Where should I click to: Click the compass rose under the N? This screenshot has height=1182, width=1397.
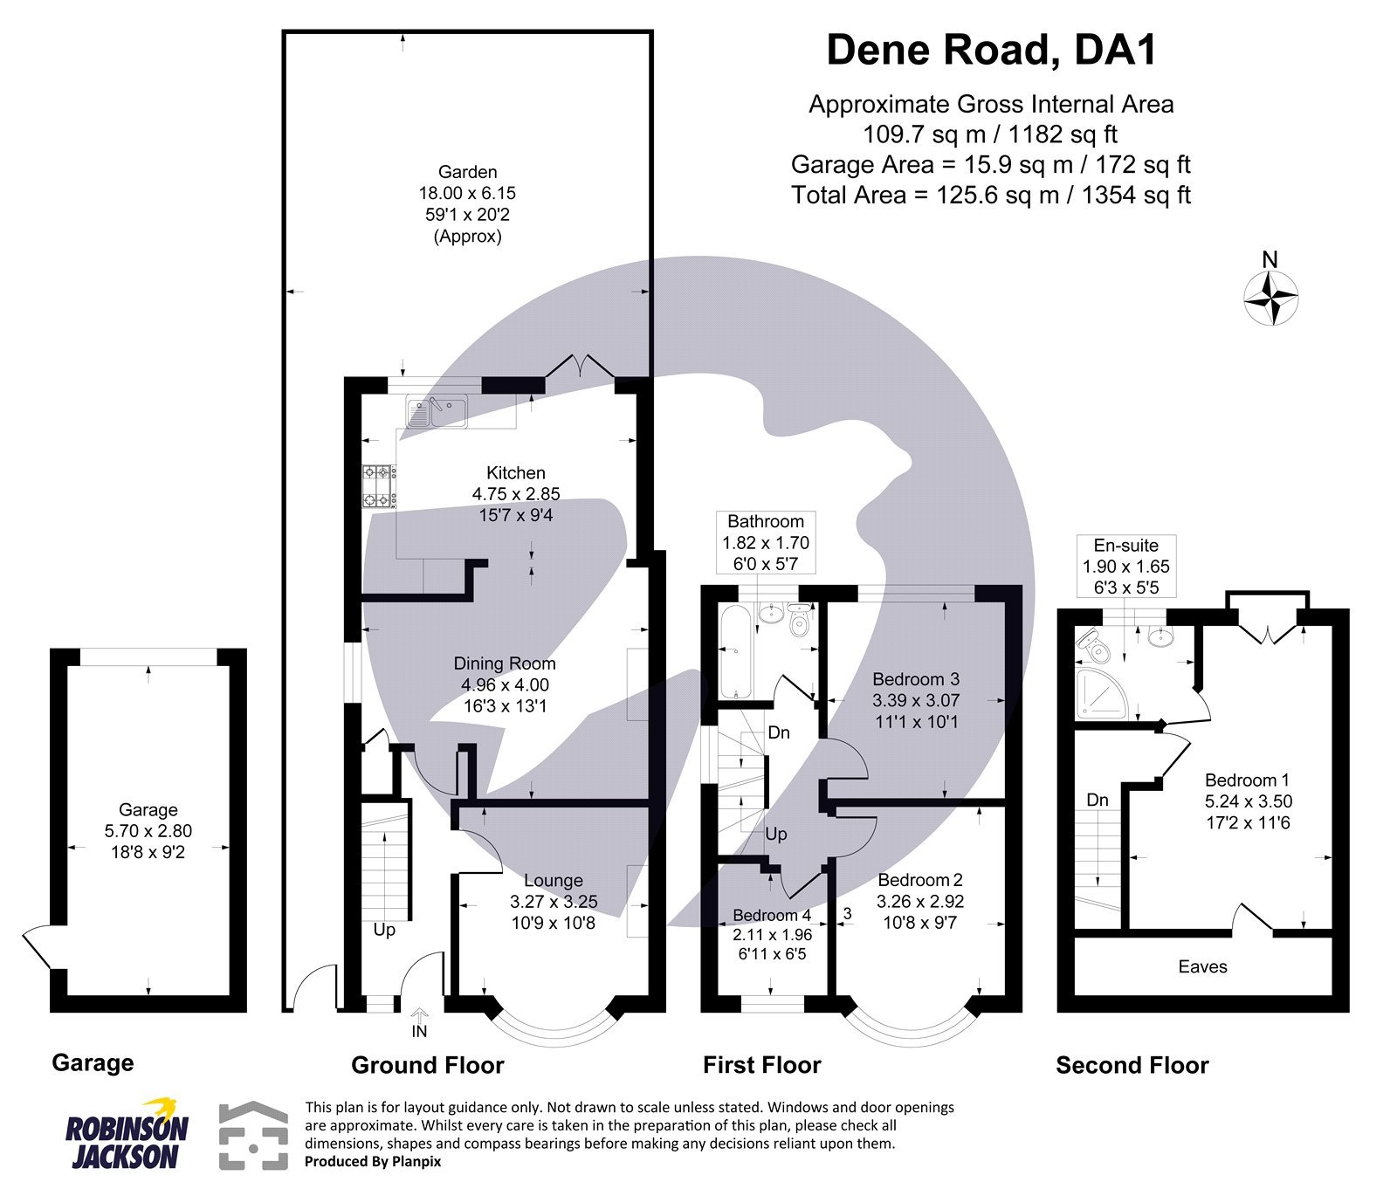tap(1270, 298)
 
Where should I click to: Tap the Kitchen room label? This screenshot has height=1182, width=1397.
tap(515, 473)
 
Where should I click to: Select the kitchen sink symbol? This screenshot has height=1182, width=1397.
tap(436, 409)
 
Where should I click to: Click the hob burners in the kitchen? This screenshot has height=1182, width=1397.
tap(379, 486)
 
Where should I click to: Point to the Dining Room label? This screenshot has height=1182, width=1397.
tap(504, 663)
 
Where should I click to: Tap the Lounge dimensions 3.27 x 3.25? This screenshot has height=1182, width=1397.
tap(554, 902)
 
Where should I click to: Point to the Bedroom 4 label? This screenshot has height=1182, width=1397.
tap(771, 915)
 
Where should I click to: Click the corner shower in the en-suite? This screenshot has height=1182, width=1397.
tap(1102, 694)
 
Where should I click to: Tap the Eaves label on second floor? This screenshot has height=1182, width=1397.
tap(1202, 966)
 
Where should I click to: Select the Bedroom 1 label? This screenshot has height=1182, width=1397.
tap(1248, 780)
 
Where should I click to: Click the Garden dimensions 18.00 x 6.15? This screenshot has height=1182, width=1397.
tap(467, 193)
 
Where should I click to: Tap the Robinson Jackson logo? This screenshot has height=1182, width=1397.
tap(127, 1133)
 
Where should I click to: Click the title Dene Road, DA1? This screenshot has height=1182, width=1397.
tap(991, 50)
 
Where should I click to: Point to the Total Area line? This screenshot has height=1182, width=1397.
tap(991, 195)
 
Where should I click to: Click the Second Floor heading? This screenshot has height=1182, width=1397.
tap(1132, 1065)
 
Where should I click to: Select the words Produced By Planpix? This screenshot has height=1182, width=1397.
tap(373, 1162)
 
